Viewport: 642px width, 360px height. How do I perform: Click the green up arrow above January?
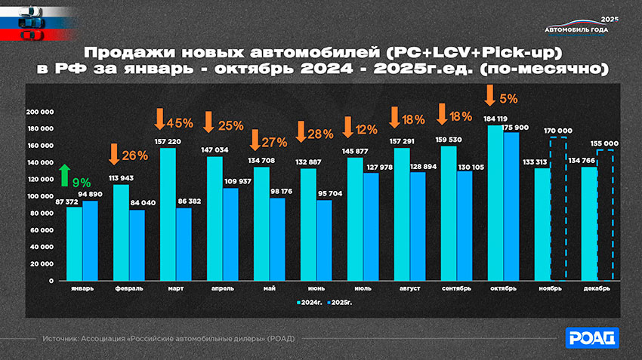(64, 174)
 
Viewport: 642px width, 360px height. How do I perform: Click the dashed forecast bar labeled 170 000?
(558, 208)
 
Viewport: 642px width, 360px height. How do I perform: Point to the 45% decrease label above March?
(181, 122)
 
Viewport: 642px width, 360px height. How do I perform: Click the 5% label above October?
(508, 98)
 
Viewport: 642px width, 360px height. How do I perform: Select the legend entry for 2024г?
(309, 301)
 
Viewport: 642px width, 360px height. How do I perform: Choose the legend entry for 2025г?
(339, 301)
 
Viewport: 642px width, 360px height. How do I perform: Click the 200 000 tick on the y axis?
(41, 112)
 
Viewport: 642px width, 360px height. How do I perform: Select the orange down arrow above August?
(394, 117)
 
